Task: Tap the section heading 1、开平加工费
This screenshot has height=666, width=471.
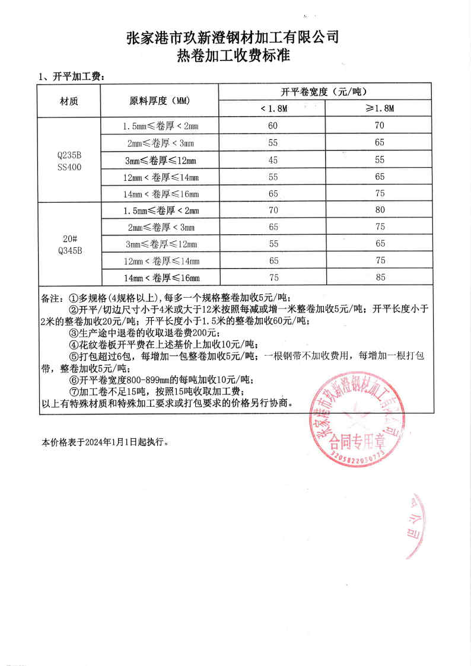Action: [71, 77]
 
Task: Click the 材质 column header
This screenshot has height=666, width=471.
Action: [69, 101]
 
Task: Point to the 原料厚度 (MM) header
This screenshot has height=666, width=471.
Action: [159, 101]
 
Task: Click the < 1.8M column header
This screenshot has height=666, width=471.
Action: [273, 109]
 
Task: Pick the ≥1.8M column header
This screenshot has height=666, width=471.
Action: [380, 109]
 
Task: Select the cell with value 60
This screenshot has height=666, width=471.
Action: [273, 126]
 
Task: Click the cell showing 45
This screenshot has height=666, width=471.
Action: [273, 160]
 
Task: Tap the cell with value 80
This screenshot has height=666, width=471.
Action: [380, 210]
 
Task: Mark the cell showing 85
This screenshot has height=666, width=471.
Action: [380, 277]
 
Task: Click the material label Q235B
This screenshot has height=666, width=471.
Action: [69, 155]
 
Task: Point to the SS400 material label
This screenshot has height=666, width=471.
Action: [69, 167]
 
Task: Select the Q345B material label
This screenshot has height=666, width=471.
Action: [69, 250]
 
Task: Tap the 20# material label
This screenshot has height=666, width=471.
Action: [69, 239]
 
